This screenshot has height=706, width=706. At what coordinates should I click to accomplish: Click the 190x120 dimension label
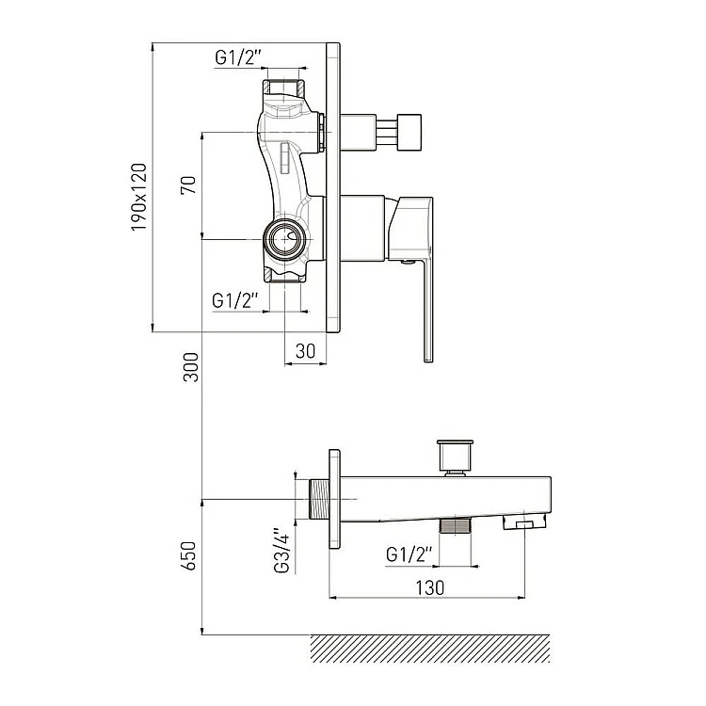[x=139, y=198]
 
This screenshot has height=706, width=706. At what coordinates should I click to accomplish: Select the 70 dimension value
[x=188, y=185]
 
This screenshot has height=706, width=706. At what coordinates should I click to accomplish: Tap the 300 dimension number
[x=190, y=367]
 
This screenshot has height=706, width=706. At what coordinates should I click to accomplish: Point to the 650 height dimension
[x=189, y=555]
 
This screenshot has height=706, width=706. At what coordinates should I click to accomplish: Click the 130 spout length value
[x=429, y=588]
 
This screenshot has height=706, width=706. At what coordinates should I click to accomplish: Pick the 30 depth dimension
[x=305, y=351]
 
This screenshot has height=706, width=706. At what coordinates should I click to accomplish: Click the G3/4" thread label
[x=281, y=551]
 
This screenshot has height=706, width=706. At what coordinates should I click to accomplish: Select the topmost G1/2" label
[x=238, y=57]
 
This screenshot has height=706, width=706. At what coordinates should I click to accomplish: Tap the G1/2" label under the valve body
[x=235, y=300]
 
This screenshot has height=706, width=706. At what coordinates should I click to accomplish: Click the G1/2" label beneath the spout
[x=409, y=554]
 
